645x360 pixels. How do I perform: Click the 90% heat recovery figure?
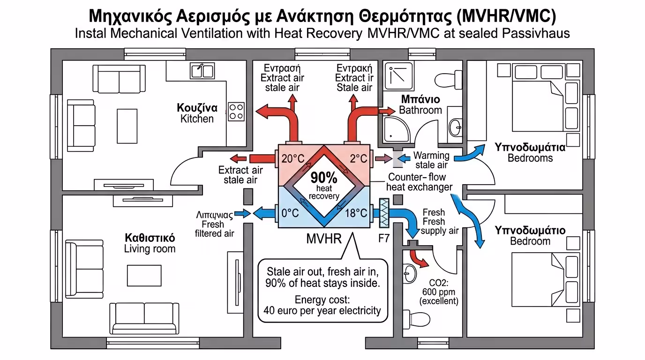(323, 178)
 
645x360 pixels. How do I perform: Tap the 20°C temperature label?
(293, 159)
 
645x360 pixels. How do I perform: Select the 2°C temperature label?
(359, 159)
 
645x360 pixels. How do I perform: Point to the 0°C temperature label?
(290, 213)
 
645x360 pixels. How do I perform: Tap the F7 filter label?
(384, 238)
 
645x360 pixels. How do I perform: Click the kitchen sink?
(202, 70)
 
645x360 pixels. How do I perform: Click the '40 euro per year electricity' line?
(322, 310)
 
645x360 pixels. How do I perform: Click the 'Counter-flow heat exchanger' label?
(419, 182)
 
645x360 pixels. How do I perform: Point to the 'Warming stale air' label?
(431, 160)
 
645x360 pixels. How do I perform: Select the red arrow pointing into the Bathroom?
(387, 111)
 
